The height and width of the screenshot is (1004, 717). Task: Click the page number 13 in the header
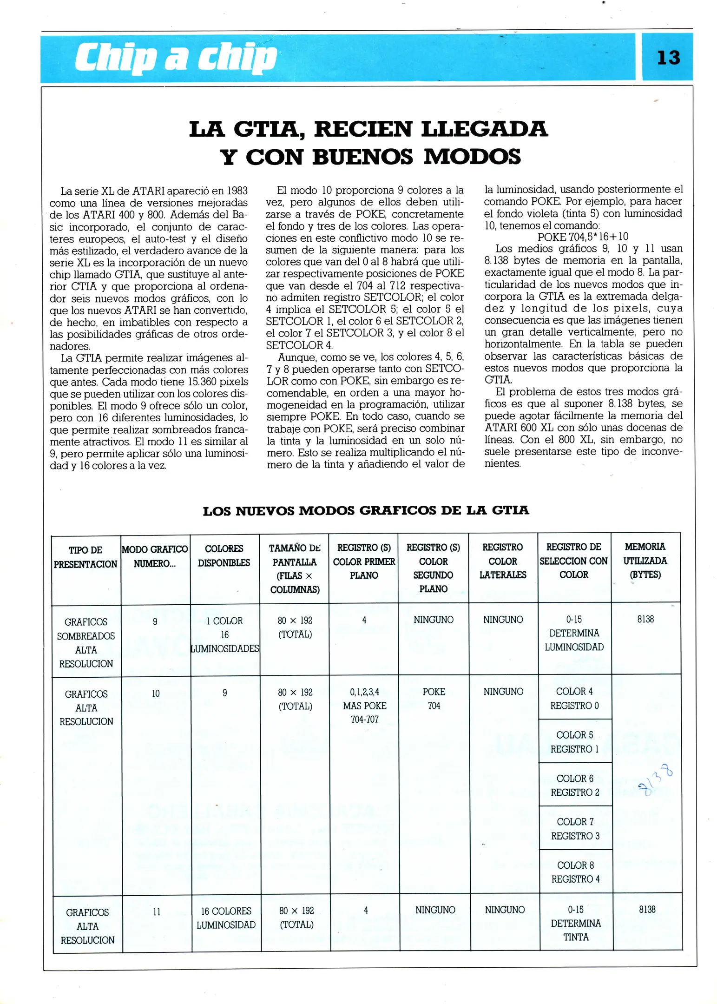(668, 58)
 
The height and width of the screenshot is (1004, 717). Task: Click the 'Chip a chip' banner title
(176, 59)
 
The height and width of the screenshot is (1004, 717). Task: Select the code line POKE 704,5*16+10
(583, 237)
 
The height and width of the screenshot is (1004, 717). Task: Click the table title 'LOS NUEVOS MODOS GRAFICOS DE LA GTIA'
(366, 510)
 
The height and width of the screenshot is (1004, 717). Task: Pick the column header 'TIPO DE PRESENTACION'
(86, 557)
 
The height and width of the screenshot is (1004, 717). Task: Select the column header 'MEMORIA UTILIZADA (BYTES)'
(645, 560)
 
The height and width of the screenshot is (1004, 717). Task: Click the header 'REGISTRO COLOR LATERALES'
(503, 561)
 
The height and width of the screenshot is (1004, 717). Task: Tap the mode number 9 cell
(155, 621)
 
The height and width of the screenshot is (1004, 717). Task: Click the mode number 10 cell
(156, 694)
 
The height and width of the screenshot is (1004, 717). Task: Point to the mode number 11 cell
(157, 912)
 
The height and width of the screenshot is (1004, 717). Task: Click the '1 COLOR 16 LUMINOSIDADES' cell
(225, 634)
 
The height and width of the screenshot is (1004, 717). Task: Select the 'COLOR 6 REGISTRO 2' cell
(575, 785)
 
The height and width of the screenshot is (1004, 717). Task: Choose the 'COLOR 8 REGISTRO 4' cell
(575, 872)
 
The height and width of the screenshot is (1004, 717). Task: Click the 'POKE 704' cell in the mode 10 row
(434, 699)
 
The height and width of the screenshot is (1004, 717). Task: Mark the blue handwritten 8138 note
(655, 781)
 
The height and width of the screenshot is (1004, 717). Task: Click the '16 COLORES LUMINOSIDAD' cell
(226, 918)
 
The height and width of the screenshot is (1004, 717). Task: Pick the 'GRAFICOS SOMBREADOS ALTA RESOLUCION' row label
(86, 642)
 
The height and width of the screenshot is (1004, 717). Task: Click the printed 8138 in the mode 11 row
(647, 909)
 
